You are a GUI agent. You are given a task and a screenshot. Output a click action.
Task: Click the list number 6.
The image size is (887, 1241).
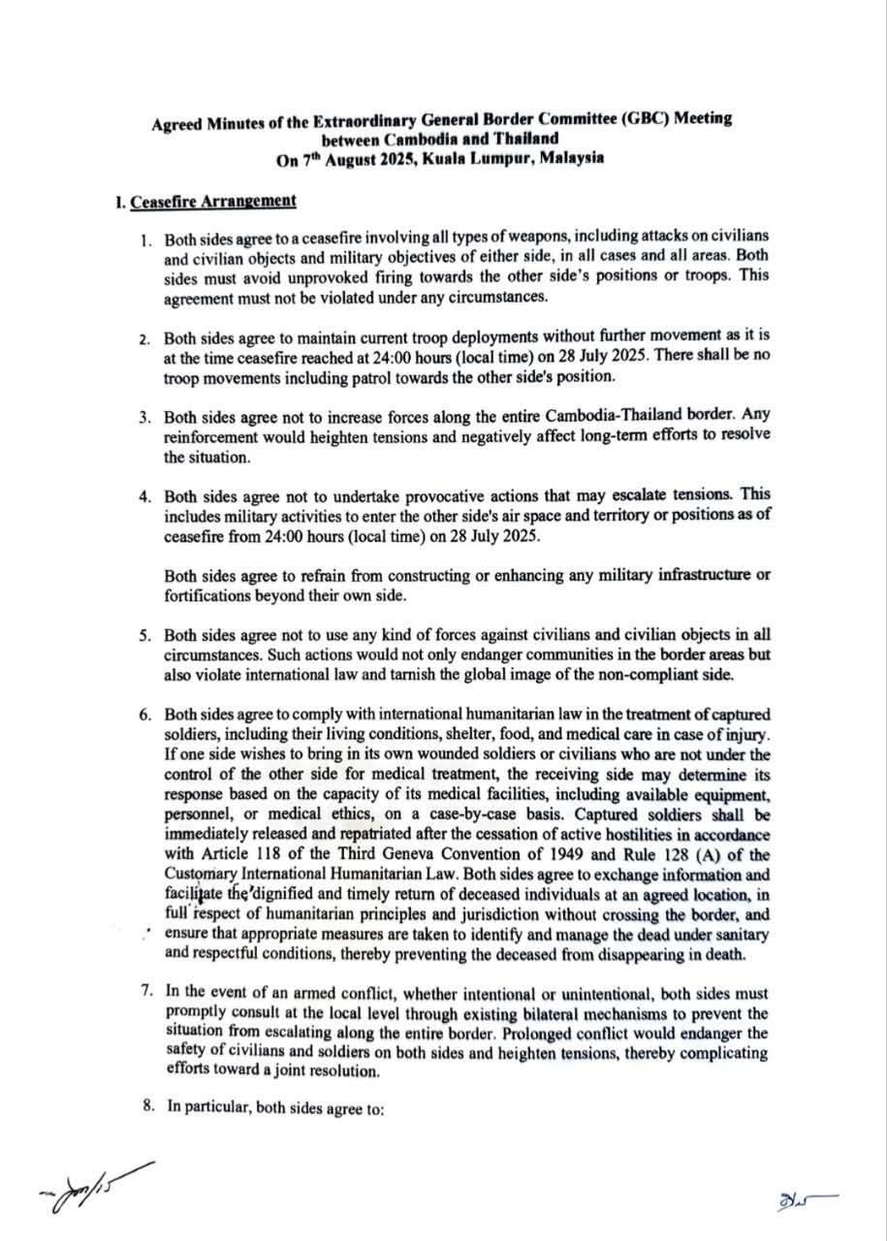[143, 716]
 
